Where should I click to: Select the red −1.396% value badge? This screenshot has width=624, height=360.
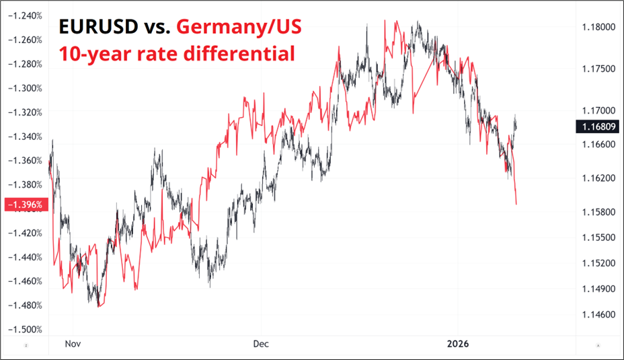(25, 204)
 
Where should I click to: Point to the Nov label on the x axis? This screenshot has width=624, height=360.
(73, 344)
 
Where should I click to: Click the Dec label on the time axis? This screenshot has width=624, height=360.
(261, 344)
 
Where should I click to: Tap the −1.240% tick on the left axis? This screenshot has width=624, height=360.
(25, 15)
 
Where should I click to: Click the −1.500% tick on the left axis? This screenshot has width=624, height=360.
(25, 330)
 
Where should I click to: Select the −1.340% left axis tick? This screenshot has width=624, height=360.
(25, 137)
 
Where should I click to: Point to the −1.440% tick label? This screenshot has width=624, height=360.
(25, 257)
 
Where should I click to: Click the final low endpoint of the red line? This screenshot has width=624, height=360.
(516, 204)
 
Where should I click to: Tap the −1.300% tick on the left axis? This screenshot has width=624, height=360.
(25, 88)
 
